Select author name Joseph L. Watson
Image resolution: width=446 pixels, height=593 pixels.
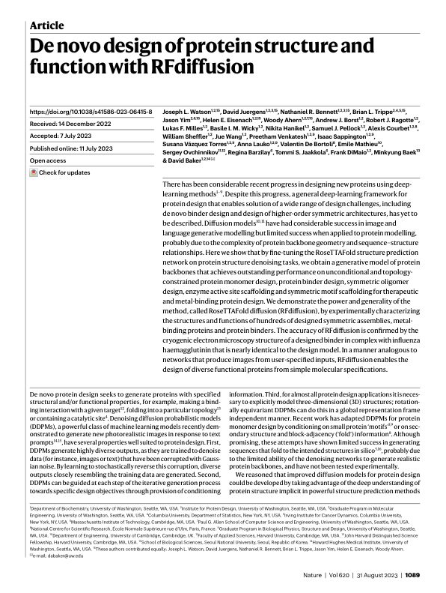coord(187,111)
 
